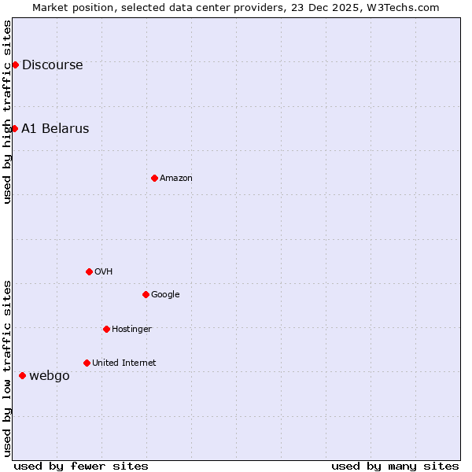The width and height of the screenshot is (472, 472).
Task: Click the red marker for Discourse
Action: [x=15, y=65]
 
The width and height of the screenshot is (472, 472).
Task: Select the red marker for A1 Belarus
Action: [x=14, y=128]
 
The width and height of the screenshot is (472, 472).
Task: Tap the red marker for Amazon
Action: [x=154, y=178]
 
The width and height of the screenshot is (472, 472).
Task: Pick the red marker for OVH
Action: [x=89, y=271]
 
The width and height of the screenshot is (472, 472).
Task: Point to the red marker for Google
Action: [x=146, y=294]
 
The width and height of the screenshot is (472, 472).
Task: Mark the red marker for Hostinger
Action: [x=106, y=329]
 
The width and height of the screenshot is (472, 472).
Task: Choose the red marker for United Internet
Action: [x=87, y=363]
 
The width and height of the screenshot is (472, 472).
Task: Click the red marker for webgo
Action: [x=22, y=375]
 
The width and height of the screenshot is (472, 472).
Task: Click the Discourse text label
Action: [x=52, y=65]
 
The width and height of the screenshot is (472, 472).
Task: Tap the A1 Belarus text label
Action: [x=55, y=129]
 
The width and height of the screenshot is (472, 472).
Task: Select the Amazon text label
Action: [x=176, y=179]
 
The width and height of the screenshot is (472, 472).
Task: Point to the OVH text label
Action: [x=103, y=272]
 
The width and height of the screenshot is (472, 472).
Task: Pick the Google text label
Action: [x=165, y=295]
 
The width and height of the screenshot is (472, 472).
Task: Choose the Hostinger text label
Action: [x=131, y=330]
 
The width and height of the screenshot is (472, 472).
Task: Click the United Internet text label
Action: [x=124, y=363]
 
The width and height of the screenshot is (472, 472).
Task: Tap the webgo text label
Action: [x=50, y=376]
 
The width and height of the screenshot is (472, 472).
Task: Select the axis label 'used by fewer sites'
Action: [x=81, y=466]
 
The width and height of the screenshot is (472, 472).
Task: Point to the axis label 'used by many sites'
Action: [x=395, y=466]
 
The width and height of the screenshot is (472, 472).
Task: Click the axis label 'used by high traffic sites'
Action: [x=7, y=112]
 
